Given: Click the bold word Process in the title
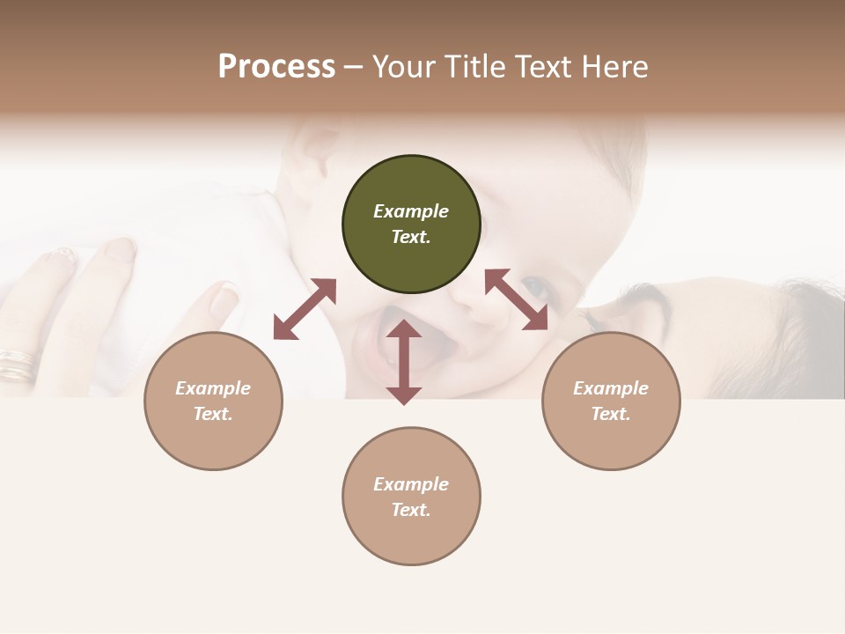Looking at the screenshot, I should tap(276, 67).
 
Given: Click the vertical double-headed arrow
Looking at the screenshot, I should tap(404, 362).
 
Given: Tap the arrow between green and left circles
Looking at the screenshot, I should tap(305, 309).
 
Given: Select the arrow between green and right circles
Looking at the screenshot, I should tap(516, 299).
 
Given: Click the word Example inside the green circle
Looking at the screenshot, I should tap(411, 211).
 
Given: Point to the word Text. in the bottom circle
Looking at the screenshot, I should tap(411, 510).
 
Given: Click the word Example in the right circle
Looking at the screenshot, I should tap(611, 388).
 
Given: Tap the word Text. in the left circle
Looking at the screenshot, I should tap(213, 414).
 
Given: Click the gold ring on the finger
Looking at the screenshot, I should tap(18, 364).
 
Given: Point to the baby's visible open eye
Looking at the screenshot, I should tap(534, 286).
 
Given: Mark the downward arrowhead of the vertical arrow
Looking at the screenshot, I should tap(404, 394).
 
